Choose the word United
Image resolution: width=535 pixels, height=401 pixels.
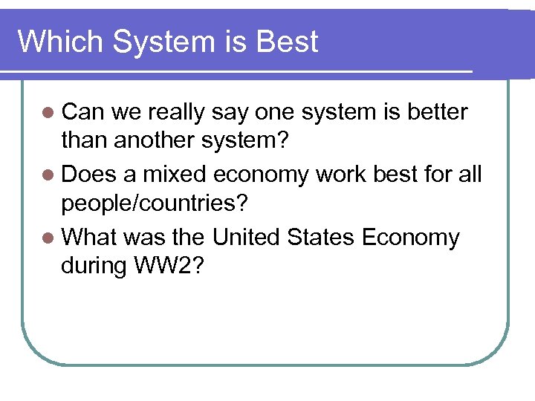(246, 238)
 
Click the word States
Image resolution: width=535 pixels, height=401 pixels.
(321, 238)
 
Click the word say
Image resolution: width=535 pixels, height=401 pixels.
(230, 114)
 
